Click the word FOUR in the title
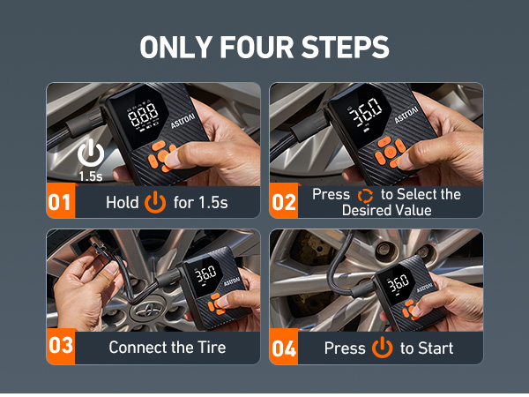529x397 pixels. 257,47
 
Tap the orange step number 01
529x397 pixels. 59,202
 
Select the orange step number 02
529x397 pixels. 284,202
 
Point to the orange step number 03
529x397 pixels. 61,345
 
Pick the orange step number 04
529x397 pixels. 284,348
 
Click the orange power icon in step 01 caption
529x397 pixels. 155,202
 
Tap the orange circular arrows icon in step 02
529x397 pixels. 365,196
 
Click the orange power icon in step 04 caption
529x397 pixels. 383,347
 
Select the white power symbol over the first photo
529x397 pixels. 91,153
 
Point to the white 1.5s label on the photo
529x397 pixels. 91,176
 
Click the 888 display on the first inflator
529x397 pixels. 143,115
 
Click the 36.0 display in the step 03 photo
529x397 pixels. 205,273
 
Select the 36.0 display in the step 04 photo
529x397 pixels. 399,283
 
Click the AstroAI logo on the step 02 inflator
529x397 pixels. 406,115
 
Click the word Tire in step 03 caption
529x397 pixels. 212,347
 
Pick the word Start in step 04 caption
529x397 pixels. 436,348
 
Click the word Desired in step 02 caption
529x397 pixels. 367,210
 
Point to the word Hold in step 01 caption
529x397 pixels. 123,203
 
